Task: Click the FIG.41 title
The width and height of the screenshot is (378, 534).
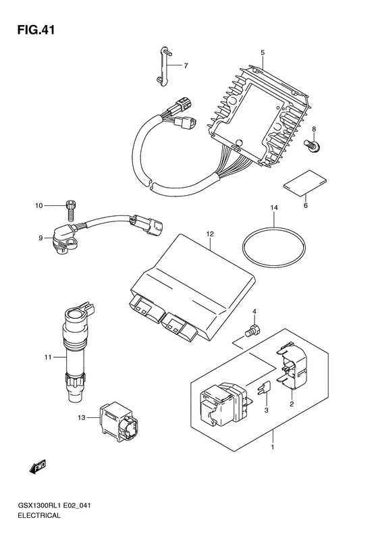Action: (x=36, y=30)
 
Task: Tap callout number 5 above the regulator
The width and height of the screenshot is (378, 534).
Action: (x=263, y=53)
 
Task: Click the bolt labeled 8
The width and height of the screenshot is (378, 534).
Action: (x=312, y=144)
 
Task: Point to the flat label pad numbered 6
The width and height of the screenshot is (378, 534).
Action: (x=305, y=184)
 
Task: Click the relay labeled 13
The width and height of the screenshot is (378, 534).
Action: (x=119, y=421)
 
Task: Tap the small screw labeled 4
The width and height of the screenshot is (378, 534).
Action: (x=252, y=329)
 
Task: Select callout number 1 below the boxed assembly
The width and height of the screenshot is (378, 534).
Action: (x=273, y=447)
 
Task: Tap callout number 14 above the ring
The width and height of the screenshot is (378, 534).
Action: (x=274, y=207)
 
